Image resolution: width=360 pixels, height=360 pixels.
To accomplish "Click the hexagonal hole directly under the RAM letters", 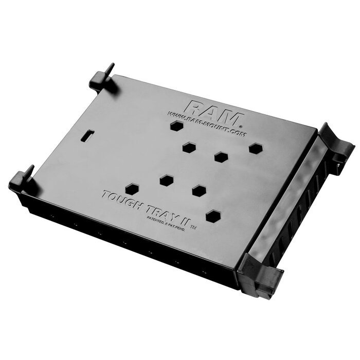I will click(x=176, y=126).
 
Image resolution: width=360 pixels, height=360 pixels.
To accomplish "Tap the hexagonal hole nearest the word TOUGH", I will click(x=132, y=188).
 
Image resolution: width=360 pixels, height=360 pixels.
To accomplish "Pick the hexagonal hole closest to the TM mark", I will click(x=213, y=216).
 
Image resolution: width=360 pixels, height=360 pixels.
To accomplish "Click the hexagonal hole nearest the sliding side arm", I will click(x=256, y=148).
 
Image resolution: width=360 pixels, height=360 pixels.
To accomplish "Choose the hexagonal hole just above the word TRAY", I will click(x=166, y=180).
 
